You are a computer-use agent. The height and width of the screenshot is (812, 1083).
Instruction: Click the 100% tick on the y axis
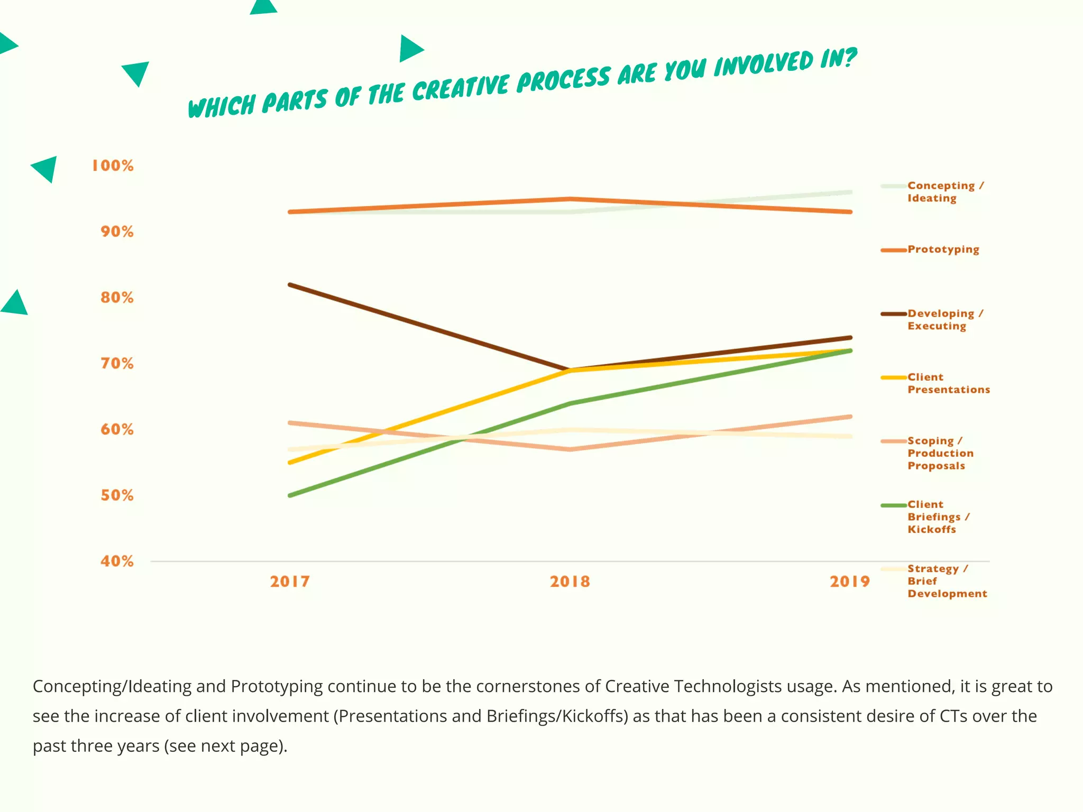coord(113,165)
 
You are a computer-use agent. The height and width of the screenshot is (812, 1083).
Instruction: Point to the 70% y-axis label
coord(117,364)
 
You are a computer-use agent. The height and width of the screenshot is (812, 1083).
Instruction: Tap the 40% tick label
coord(117,561)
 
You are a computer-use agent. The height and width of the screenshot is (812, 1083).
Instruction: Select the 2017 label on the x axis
coord(290,582)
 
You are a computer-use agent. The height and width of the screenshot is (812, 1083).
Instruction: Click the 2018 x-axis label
coord(570,582)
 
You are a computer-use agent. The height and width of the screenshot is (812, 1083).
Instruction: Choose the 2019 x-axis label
coord(849,582)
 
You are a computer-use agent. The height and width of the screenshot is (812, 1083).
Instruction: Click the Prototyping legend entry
coord(943,250)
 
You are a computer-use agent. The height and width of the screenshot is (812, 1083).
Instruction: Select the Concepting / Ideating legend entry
coord(945,192)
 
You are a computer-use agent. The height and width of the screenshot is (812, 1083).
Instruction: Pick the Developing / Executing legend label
coord(944,320)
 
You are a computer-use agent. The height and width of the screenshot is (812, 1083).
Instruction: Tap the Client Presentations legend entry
coord(948,383)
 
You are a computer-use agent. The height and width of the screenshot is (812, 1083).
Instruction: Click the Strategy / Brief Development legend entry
coord(947,581)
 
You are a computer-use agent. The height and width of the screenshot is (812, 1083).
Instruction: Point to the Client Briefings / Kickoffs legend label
coord(938,517)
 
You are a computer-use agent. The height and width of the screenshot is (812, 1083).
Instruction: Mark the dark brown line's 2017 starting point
coord(290,285)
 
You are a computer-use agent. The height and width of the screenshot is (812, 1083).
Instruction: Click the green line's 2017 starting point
coord(290,495)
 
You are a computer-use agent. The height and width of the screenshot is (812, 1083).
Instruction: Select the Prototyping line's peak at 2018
coord(570,199)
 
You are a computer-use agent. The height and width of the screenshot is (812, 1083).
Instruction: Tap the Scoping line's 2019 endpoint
coord(850,417)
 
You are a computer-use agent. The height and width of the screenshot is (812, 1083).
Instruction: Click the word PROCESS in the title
coord(563,80)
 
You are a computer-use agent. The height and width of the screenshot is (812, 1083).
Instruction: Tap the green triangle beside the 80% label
coord(15,303)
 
